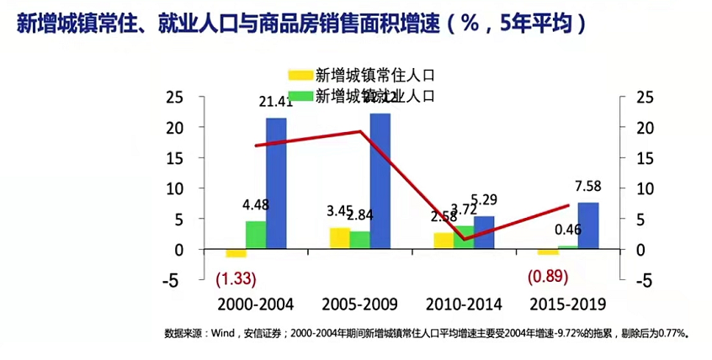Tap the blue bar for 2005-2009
point(380,181)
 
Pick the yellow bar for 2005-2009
point(339,239)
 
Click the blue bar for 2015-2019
point(588,226)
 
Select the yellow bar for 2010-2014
point(444,241)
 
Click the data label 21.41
point(275,103)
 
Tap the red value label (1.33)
point(236,278)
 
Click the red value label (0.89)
point(548,276)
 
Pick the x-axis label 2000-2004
point(257,304)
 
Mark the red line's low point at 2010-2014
point(464,239)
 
